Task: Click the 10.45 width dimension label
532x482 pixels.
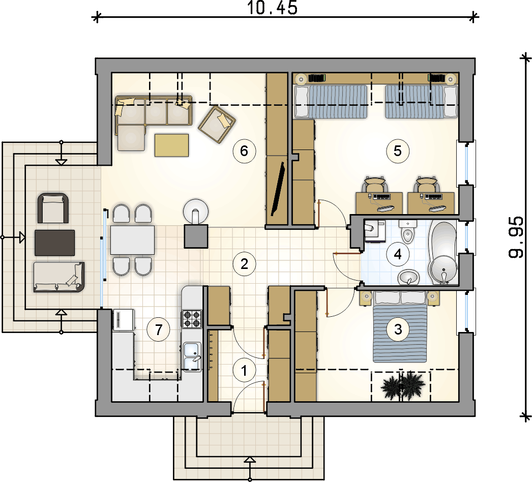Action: [272, 8]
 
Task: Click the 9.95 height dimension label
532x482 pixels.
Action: [516, 237]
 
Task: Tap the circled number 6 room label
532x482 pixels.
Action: [244, 151]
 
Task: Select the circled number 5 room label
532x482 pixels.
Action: [398, 151]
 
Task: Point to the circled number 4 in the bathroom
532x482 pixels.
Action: [398, 254]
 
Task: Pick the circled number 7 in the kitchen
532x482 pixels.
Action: [159, 329]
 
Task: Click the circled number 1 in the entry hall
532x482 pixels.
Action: [244, 371]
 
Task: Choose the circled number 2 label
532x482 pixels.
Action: [244, 263]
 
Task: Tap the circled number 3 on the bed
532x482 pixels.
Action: [398, 329]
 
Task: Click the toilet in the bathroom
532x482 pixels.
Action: [407, 231]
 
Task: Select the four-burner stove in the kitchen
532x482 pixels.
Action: [192, 319]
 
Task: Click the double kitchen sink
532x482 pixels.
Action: [192, 356]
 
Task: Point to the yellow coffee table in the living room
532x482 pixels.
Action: [171, 145]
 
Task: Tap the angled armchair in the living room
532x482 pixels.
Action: [217, 125]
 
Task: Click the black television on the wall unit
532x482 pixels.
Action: [278, 189]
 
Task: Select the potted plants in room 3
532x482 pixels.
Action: [403, 386]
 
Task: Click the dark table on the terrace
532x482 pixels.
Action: [54, 243]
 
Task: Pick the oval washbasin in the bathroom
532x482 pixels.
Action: [409, 278]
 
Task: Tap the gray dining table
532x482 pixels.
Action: [132, 240]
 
